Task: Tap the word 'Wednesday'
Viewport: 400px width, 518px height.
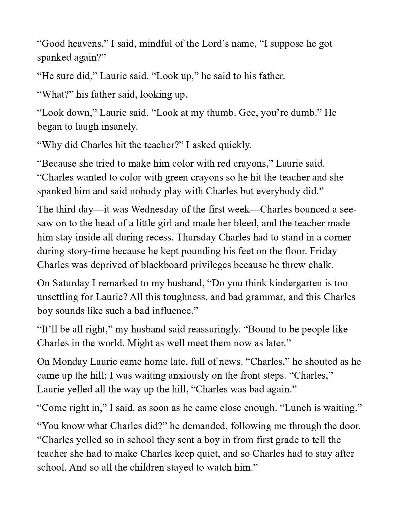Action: [x=148, y=209]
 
